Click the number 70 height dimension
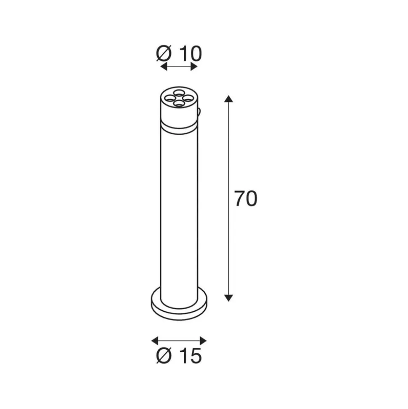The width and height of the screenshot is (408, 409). click(x=246, y=199)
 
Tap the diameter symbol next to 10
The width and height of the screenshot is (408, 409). click(x=164, y=54)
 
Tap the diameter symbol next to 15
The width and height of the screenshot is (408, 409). click(x=164, y=356)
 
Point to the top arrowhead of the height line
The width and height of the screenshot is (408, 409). click(x=228, y=99)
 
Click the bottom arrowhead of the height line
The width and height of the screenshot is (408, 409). click(x=228, y=298)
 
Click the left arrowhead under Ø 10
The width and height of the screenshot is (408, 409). click(x=163, y=67)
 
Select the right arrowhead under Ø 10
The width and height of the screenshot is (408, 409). click(x=194, y=67)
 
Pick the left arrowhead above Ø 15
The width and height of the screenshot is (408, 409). click(x=155, y=341)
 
